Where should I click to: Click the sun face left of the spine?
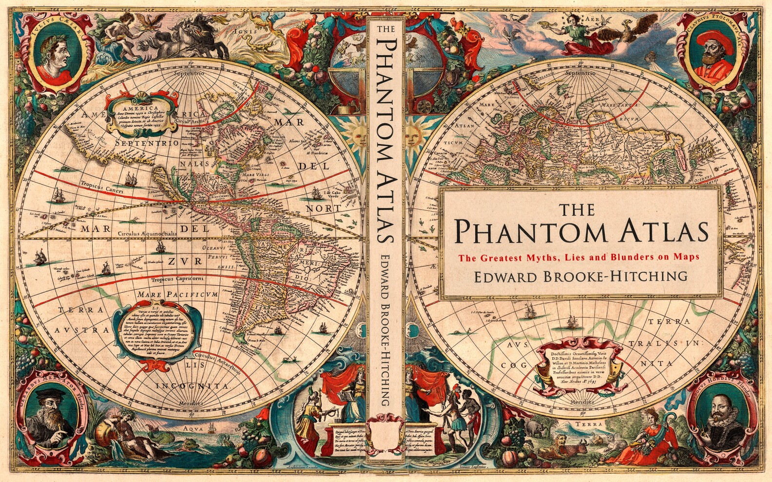(x=353, y=133)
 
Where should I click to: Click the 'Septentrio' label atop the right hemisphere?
(x=580, y=73)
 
